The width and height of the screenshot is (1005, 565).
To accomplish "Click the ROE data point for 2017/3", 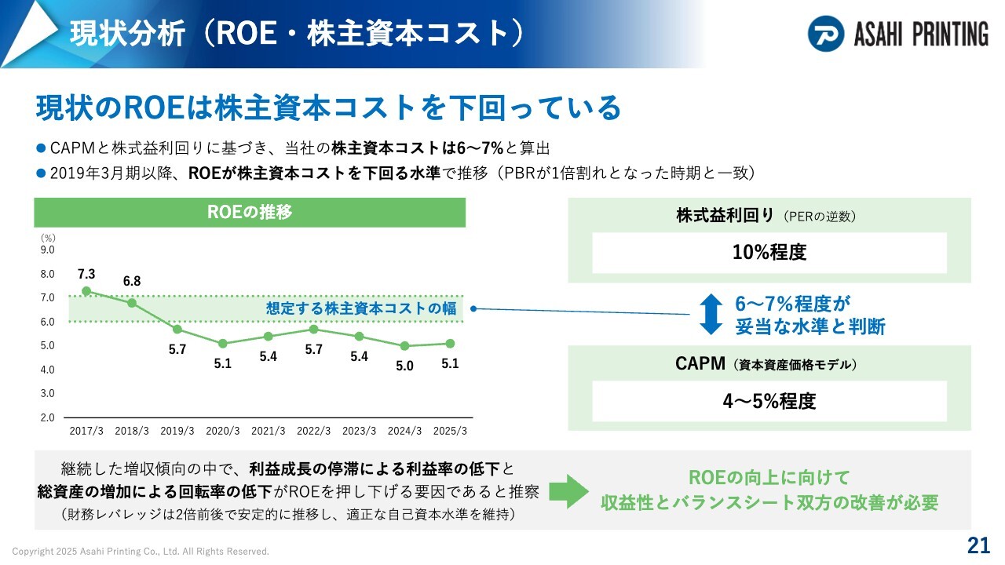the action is click(x=86, y=291).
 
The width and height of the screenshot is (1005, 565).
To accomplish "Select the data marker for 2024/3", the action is click(x=404, y=346).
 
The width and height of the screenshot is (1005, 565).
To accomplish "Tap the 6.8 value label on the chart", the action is click(x=132, y=281).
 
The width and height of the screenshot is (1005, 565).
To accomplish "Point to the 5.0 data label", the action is click(x=404, y=366).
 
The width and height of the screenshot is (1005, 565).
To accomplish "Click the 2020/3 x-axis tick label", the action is click(x=222, y=431).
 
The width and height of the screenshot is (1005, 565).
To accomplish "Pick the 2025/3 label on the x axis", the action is click(x=450, y=431).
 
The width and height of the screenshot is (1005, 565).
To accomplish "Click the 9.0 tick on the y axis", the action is click(x=48, y=250).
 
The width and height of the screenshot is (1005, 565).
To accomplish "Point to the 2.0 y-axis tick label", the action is click(x=48, y=417).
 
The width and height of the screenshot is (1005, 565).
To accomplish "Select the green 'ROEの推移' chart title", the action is click(x=250, y=212).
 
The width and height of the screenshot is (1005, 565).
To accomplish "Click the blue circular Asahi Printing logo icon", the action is click(x=825, y=34).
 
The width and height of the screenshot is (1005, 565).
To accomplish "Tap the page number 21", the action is click(x=978, y=545).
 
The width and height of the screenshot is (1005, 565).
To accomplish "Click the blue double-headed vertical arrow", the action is click(x=711, y=314).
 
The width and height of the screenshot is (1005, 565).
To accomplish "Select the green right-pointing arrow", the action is click(x=568, y=491).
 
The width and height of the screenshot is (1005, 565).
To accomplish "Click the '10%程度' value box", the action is click(x=769, y=253).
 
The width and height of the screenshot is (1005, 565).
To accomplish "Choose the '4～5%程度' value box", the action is click(x=769, y=401).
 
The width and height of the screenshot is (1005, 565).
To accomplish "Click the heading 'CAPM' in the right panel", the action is click(x=700, y=363).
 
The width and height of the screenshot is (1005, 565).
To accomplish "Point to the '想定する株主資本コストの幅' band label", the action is click(x=360, y=308).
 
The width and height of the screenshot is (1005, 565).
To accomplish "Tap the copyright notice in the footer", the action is click(x=141, y=551).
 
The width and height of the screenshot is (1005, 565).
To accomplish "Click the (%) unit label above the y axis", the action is click(x=48, y=238).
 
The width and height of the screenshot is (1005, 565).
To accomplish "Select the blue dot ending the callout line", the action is click(x=473, y=308).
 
